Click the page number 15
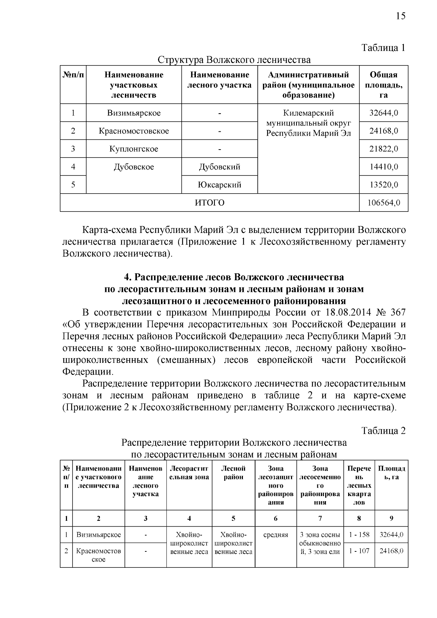tap(400, 16)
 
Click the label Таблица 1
tap(383, 48)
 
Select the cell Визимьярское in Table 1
tap(134, 113)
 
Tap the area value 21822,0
tap(383, 149)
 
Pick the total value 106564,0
tap(383, 203)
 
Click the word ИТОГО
tap(210, 203)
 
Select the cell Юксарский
tap(219, 185)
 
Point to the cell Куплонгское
tap(134, 149)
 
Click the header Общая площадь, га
tap(383, 85)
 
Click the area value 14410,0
tap(383, 167)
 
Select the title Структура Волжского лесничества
tap(234, 60)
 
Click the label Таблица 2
tap(383, 431)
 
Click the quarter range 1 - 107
tap(359, 551)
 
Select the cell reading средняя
tap(276, 535)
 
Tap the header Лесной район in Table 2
tap(233, 473)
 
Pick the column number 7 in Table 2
tap(320, 519)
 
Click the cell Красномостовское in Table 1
tap(134, 131)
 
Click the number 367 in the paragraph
tap(398, 313)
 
